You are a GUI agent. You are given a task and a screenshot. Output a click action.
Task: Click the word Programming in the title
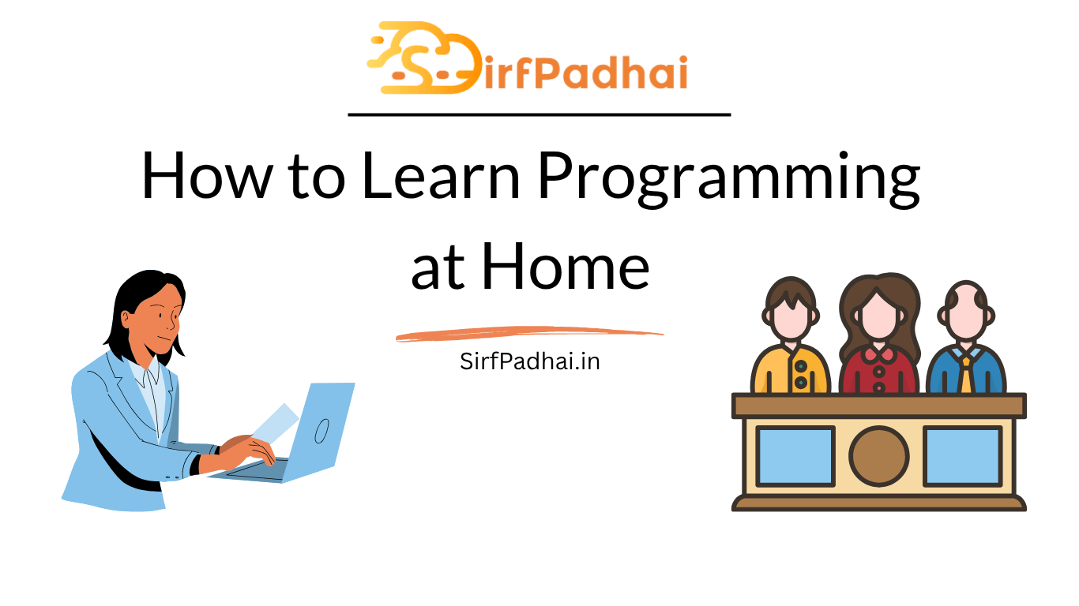[729, 180]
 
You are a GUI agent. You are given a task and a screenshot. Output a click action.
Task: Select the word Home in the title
[566, 266]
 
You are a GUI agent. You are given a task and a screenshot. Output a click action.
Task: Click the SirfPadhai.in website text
[530, 361]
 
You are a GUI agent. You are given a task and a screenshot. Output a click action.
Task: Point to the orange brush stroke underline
[529, 333]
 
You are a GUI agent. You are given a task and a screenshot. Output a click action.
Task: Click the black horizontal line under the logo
[539, 114]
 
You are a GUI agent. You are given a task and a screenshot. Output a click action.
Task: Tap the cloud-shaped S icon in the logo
[424, 58]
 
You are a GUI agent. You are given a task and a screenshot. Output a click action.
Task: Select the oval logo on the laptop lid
[321, 431]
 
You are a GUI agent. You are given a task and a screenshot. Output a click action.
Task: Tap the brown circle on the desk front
[878, 456]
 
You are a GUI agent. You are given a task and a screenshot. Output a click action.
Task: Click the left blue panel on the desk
[795, 456]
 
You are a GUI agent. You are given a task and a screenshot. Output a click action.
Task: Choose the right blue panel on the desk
[963, 456]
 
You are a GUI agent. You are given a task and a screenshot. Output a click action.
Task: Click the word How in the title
[207, 175]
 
